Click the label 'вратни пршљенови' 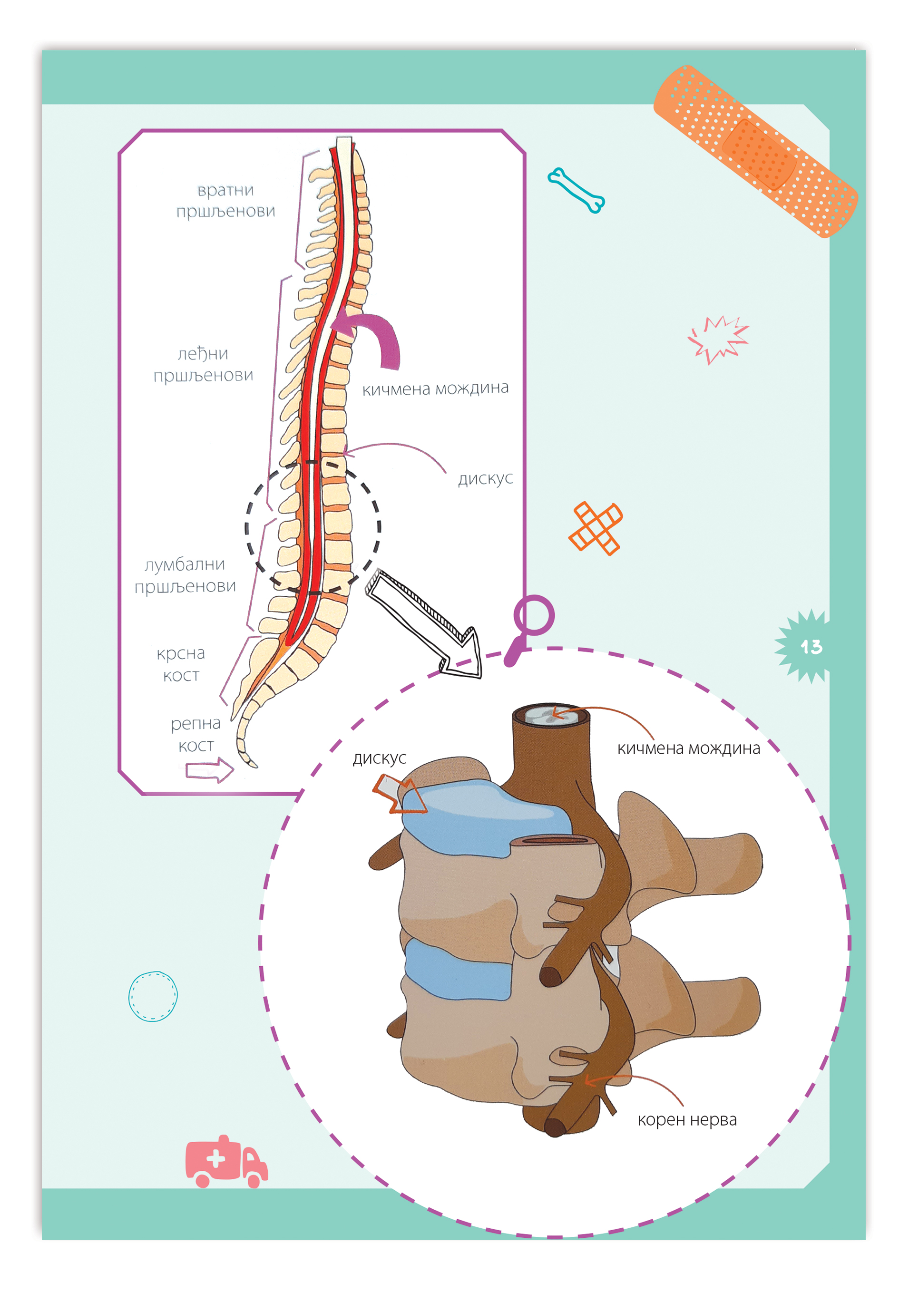[225, 200]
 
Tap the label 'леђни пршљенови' [203, 364]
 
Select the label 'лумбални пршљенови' [185, 574]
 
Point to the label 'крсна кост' [181, 664]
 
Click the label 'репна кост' [195, 734]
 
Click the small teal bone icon [576, 190]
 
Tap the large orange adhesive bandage [755, 151]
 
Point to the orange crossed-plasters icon [595, 528]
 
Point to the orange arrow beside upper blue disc [399, 794]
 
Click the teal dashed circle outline [153, 996]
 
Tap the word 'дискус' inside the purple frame [485, 478]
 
